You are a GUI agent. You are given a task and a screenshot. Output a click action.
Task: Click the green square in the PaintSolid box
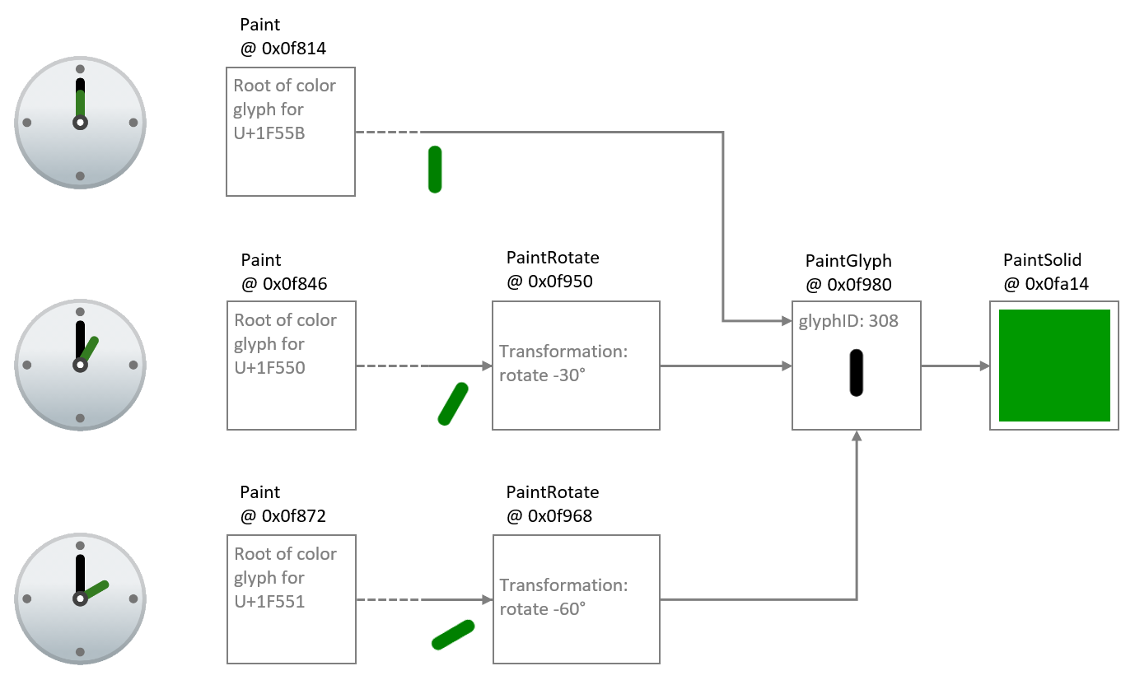(1053, 366)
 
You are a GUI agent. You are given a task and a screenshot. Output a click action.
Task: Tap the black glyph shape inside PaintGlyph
(856, 373)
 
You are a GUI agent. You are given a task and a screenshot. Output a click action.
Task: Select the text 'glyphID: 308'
(848, 321)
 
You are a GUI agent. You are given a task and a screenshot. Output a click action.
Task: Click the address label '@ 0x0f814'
(283, 49)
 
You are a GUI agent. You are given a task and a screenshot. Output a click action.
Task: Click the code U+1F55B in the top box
(269, 133)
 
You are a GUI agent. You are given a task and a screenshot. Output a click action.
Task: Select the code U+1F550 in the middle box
(269, 367)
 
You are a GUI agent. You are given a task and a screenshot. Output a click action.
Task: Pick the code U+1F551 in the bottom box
(269, 601)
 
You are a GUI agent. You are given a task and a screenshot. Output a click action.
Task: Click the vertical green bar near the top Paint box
(435, 170)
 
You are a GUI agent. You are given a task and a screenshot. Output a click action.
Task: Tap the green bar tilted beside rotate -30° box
(453, 404)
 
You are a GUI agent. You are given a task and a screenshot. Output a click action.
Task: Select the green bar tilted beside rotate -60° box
(453, 634)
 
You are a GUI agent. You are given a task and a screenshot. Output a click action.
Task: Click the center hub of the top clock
(80, 123)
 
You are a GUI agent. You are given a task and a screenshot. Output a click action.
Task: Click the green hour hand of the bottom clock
(96, 590)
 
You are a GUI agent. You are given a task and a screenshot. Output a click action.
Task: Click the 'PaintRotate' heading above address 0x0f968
(552, 492)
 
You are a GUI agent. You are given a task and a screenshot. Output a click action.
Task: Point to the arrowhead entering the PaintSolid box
(984, 366)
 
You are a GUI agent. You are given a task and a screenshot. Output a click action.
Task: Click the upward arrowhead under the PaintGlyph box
(857, 435)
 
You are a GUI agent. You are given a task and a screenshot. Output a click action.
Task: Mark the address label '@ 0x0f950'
(549, 282)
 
